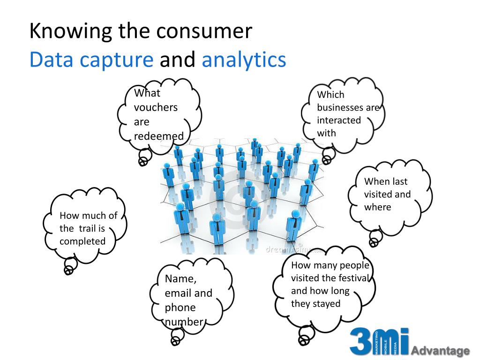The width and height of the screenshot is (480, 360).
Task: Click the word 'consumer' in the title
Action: click(x=204, y=31)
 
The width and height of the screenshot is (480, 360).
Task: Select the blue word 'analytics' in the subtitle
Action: click(x=244, y=60)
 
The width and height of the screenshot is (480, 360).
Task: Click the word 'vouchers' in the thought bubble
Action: click(x=156, y=107)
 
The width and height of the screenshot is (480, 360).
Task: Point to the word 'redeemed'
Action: click(x=159, y=136)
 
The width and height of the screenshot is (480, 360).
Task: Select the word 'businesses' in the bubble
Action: click(x=341, y=107)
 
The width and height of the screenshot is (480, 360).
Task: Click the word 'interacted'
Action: click(x=339, y=120)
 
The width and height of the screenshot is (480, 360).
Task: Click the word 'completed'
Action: click(x=82, y=241)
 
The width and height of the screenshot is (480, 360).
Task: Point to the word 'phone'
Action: click(x=180, y=308)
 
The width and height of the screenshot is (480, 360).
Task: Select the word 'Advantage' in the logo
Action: click(x=440, y=351)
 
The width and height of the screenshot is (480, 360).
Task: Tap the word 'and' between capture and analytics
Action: click(x=177, y=60)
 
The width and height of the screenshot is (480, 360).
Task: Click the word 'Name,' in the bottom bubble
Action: click(x=180, y=279)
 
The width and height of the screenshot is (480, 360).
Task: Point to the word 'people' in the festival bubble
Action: click(x=354, y=265)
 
